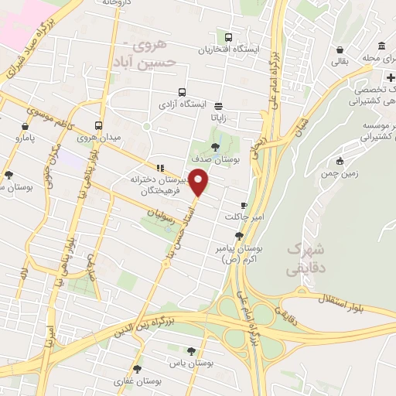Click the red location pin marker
200,183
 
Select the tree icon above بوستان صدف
215,145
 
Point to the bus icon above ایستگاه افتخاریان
228,36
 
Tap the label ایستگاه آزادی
183,103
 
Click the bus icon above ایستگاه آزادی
183,90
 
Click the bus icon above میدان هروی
99,125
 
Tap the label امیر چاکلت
240,217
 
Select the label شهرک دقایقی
303,259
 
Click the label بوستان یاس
193,362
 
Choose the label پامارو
26,138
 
